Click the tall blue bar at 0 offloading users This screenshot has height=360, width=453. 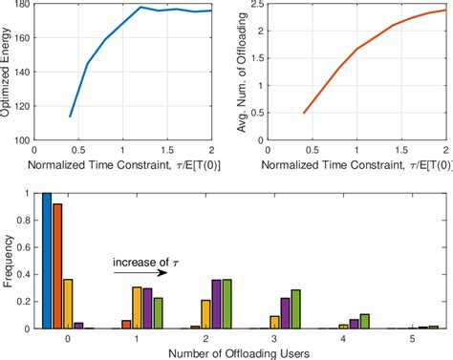(46, 261)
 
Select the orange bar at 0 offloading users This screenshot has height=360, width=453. (57, 266)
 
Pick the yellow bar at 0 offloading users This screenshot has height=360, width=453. (68, 304)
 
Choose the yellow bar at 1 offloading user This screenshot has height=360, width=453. (137, 307)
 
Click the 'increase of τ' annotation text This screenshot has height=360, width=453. (139, 262)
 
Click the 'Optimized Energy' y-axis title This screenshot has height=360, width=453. (9, 73)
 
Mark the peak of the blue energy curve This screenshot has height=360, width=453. (140, 8)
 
